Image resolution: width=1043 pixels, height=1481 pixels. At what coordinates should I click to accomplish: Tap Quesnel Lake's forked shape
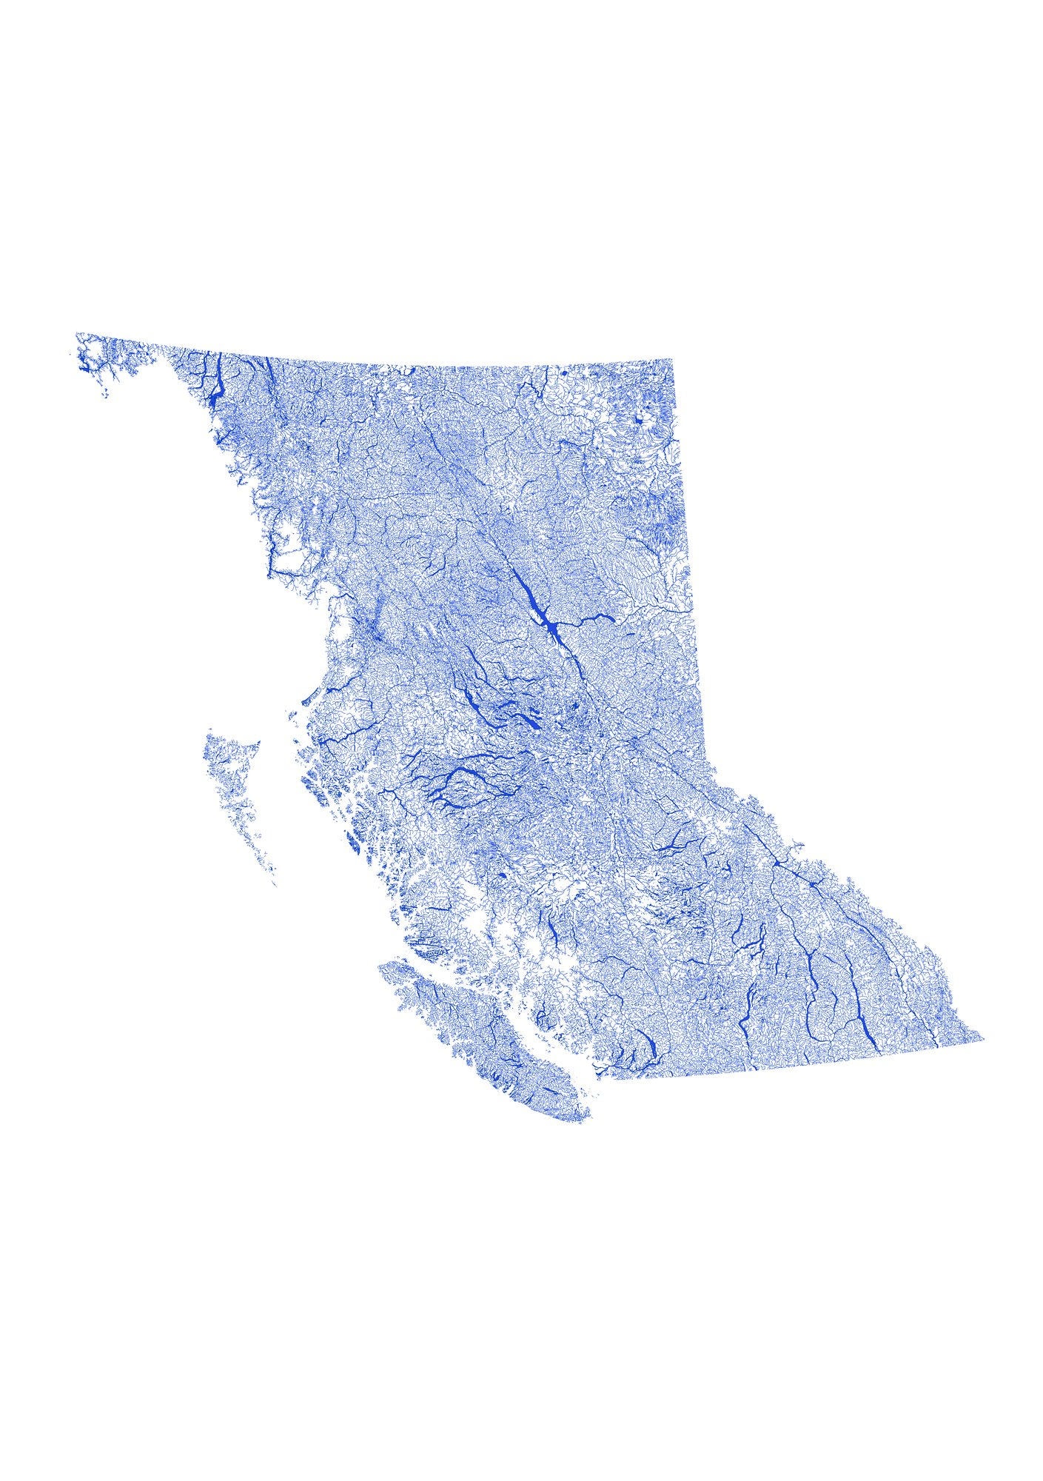tap(672, 844)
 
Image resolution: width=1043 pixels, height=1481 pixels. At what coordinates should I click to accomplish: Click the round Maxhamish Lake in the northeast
tap(636, 422)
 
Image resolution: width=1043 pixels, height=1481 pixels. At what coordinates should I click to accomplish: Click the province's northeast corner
tap(672, 359)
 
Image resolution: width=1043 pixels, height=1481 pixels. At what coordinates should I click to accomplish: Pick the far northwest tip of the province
tap(76, 333)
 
